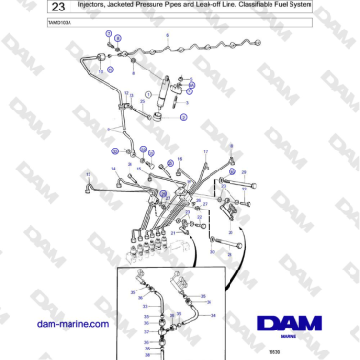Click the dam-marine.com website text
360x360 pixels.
pos(71,324)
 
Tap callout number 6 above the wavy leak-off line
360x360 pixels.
pos(168,35)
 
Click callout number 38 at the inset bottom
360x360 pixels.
pos(147,349)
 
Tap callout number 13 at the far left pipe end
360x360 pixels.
pos(89,174)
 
